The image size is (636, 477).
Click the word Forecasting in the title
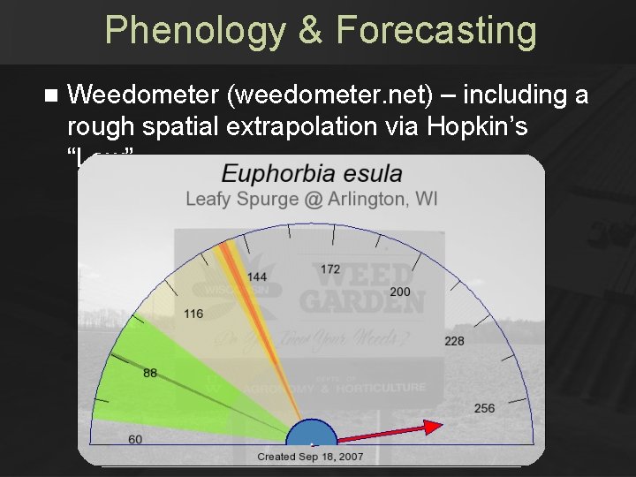coord(435,31)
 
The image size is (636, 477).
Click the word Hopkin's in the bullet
coord(477,126)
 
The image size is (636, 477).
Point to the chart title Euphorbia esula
coord(311,173)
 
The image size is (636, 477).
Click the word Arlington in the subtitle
coord(367,199)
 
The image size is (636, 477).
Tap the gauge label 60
coord(135,439)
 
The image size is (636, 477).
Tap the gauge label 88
coord(150,373)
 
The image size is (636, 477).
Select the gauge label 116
coord(193,314)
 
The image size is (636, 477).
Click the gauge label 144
coord(257,277)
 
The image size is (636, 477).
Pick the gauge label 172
coord(329,269)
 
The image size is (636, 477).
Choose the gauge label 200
coord(400,291)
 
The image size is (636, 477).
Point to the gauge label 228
coord(454,341)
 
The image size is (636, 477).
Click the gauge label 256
coord(484,407)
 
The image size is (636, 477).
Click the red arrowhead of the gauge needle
coord(432,427)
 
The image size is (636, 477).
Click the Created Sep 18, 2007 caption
coord(311,457)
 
